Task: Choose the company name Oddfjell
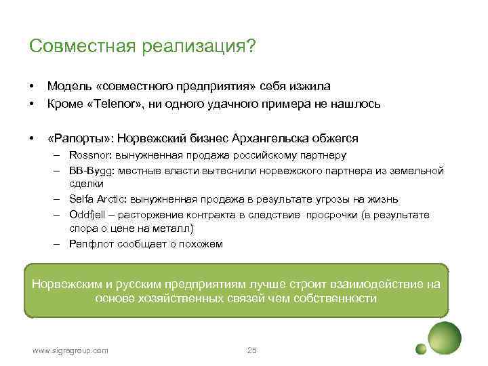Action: coord(87,214)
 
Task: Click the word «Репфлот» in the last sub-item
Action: coord(89,244)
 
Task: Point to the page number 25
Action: coord(252,350)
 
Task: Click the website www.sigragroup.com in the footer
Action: coord(70,350)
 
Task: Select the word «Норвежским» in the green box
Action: coord(64,283)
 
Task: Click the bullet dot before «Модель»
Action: coord(31,87)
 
